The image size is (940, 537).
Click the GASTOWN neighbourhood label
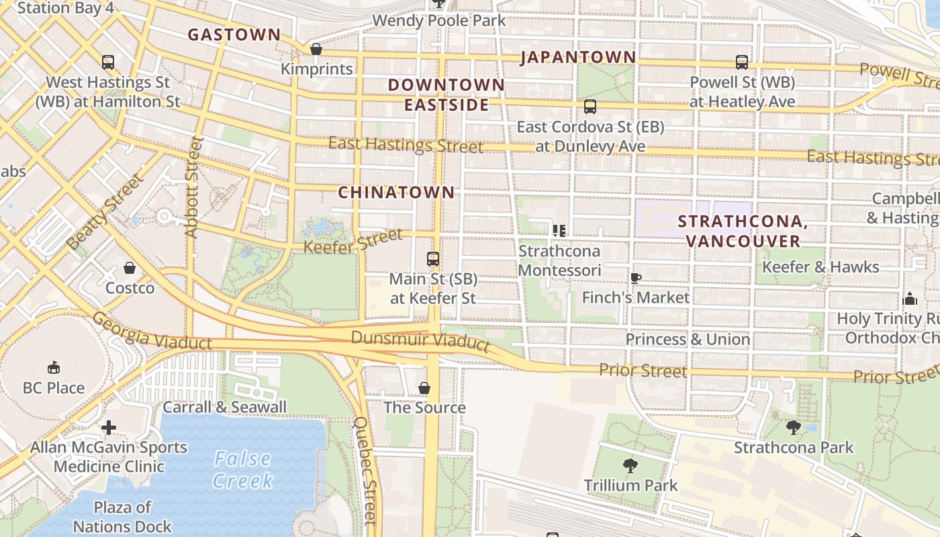coord(234,35)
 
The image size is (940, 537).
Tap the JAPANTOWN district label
coord(578,57)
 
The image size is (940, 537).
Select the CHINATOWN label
coord(396,192)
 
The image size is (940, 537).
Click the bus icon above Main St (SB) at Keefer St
coord(433,258)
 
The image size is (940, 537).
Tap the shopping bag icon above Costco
coord(129,268)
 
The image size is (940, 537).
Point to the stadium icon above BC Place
coord(53,367)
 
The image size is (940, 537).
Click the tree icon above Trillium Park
coord(630,465)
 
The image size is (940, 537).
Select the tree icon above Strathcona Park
coord(793,427)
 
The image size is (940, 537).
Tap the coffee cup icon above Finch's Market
coord(635,277)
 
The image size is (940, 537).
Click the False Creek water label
coord(243,469)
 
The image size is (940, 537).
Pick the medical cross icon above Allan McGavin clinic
coord(109,427)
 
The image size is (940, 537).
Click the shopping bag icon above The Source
coord(424,388)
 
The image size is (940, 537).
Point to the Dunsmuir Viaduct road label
coord(420,340)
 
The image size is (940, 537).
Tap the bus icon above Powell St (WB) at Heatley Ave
coord(742,62)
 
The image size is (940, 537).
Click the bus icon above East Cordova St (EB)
coord(590,107)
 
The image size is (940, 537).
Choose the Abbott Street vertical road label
coord(193,187)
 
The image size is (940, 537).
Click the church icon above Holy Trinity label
coord(910,298)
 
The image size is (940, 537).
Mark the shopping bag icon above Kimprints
coord(316,49)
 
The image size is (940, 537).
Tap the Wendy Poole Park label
coord(439,20)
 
